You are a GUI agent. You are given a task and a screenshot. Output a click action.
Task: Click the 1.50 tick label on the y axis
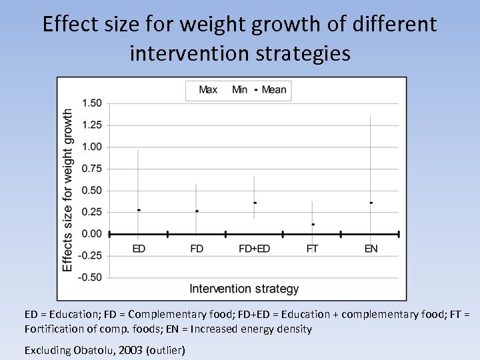[91, 103]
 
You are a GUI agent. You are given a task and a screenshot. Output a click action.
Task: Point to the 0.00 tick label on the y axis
[91, 234]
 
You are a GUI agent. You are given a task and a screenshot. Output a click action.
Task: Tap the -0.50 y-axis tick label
[90, 277]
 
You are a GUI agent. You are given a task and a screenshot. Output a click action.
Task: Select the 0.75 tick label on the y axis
[91, 169]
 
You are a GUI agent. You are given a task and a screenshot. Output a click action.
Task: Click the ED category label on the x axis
[139, 249]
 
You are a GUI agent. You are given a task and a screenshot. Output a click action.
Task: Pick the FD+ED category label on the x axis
[254, 249]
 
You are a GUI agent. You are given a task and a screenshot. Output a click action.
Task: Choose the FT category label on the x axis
[312, 249]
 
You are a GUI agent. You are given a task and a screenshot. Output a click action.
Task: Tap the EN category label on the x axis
[371, 249]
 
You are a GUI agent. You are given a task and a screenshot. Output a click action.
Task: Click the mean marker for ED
[139, 210]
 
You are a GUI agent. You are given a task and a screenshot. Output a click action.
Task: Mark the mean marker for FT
[313, 224]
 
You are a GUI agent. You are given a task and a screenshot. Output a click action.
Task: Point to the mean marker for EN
[371, 202]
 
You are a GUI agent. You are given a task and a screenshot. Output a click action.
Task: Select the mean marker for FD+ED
[255, 202]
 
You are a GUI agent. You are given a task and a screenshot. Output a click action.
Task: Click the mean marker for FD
[197, 211]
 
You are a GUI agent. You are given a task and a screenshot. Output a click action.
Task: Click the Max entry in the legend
[208, 90]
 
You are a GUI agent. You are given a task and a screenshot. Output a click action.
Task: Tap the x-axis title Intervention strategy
[244, 289]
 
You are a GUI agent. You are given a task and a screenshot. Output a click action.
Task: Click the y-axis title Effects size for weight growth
[67, 191]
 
